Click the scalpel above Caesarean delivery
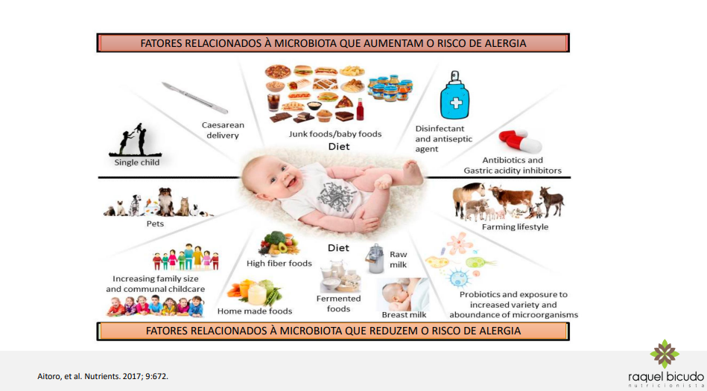tap(194, 98)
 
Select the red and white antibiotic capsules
tap(520, 140)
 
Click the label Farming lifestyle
tap(515, 227)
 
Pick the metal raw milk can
tap(375, 258)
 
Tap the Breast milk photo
tap(403, 293)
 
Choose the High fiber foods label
tap(279, 263)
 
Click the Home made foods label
tap(255, 311)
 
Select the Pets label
tap(154, 223)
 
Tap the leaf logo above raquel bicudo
tap(665, 355)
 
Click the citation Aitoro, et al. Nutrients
tap(102, 375)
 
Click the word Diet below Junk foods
tap(338, 147)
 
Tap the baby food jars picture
tap(390, 88)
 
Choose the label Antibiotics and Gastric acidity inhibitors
tap(513, 165)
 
